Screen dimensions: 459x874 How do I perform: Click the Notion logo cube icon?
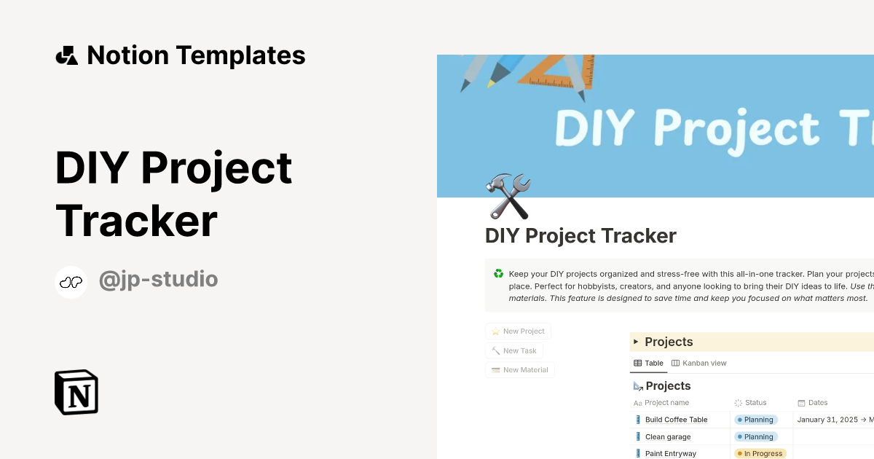pyautogui.click(x=76, y=392)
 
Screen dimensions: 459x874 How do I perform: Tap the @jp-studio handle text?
pyautogui.click(x=158, y=279)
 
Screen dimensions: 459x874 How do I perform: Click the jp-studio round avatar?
pyautogui.click(x=71, y=282)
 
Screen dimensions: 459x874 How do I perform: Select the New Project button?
pyautogui.click(x=518, y=331)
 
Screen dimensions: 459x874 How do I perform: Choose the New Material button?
pyautogui.click(x=519, y=370)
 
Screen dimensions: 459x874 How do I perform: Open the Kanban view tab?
pyautogui.click(x=699, y=363)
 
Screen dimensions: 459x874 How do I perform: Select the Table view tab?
pyautogui.click(x=648, y=363)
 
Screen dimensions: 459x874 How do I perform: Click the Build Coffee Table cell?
pyautogui.click(x=676, y=420)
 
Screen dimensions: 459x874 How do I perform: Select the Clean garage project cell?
pyautogui.click(x=667, y=437)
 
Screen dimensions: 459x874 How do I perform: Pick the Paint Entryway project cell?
pyautogui.click(x=670, y=454)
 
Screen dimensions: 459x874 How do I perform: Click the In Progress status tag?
pyautogui.click(x=760, y=454)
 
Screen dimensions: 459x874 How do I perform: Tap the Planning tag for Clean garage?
pyautogui.click(x=755, y=437)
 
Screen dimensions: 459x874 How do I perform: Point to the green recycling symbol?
pyautogui.click(x=498, y=274)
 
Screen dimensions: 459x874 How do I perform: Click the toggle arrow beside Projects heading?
pyautogui.click(x=636, y=342)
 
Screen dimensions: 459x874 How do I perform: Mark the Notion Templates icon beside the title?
pyautogui.click(x=66, y=55)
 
